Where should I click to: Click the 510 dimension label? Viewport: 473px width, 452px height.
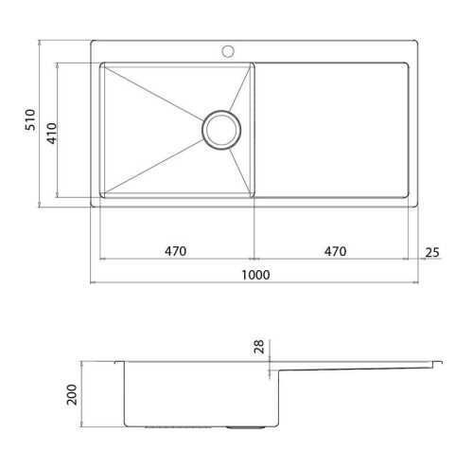tap(30, 119)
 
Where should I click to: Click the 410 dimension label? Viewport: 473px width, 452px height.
tap(52, 134)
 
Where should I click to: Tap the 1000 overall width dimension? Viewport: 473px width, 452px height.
tap(255, 275)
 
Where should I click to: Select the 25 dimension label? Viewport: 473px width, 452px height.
tap(432, 252)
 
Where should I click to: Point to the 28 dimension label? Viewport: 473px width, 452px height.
tap(258, 347)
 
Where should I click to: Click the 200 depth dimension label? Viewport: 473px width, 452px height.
tap(72, 395)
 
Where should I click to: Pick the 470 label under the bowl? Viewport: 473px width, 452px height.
tap(175, 251)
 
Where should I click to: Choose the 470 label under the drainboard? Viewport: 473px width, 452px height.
tap(336, 251)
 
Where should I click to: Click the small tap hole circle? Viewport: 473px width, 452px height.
tap(228, 51)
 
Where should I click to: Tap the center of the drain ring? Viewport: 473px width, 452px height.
tap(221, 130)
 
